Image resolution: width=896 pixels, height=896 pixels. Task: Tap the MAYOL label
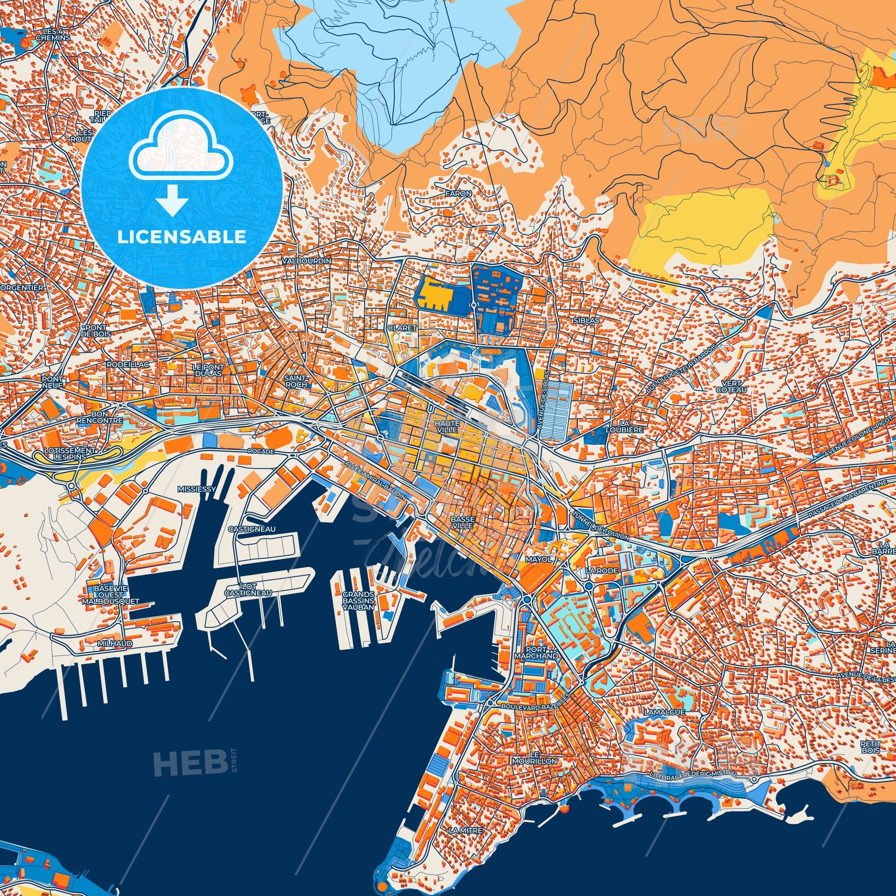click(538, 559)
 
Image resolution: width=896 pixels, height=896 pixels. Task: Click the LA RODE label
click(602, 570)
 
